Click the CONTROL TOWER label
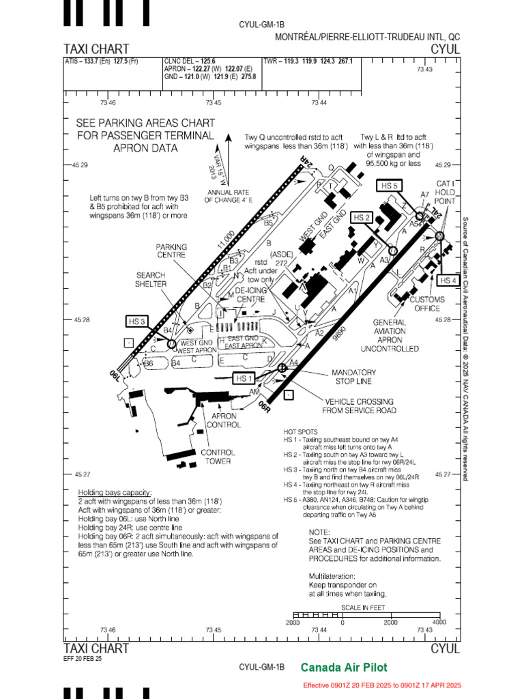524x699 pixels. (218, 457)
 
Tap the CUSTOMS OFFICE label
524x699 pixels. (427, 304)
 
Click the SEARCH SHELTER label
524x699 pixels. (151, 279)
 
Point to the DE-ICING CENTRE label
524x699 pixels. (250, 295)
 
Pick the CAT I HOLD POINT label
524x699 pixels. (446, 192)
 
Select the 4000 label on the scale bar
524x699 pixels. (439, 623)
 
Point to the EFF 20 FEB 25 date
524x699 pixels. (83, 659)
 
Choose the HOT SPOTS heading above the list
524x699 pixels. (301, 432)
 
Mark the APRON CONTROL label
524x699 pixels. (224, 420)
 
